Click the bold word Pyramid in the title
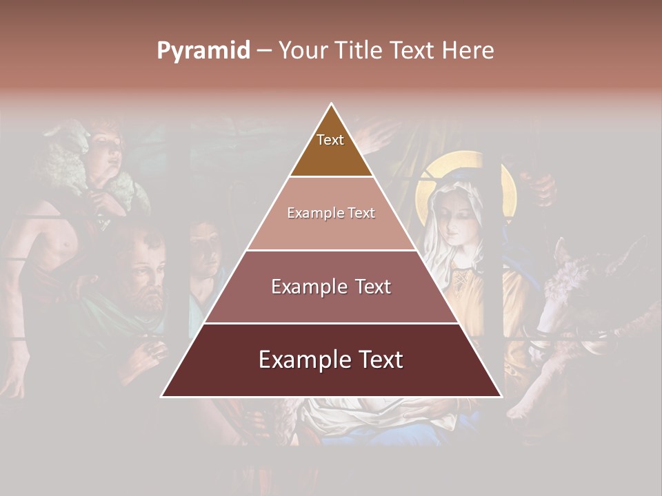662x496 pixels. click(203, 50)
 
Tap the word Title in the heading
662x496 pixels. click(358, 50)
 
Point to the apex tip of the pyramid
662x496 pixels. click(332, 105)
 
